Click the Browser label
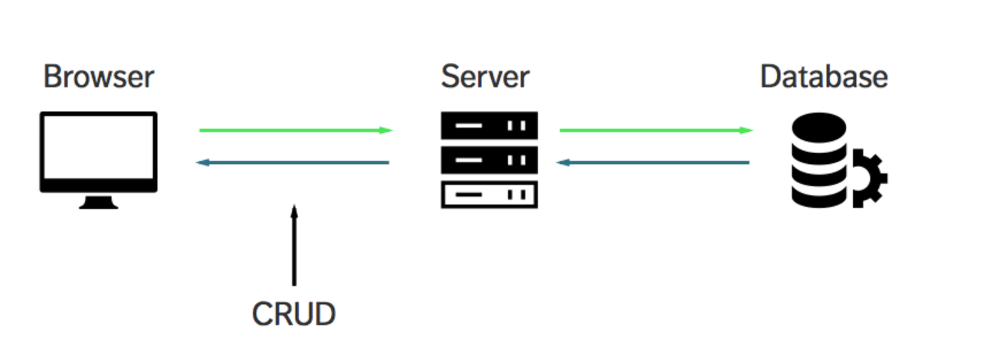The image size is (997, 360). point(98,77)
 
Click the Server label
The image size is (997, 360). point(484,77)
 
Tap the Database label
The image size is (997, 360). point(824,77)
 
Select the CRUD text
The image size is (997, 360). point(294,315)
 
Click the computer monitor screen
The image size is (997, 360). point(98,151)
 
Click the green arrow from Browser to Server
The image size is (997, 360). point(295,130)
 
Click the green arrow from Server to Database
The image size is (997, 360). point(656,130)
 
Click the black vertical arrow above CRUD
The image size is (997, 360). point(294,245)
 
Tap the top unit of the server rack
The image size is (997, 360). point(489,126)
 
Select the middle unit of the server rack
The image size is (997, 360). point(489,160)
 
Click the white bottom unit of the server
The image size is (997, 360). point(489,195)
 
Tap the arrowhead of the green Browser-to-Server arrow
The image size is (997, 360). point(387,130)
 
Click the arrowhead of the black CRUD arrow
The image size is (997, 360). point(294,208)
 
